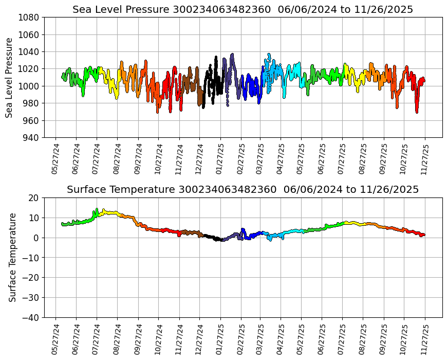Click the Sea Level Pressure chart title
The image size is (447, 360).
coord(243,10)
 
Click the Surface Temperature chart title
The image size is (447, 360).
coord(243,190)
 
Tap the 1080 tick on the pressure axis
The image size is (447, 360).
coord(30,17)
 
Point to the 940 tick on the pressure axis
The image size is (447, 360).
coord(30,138)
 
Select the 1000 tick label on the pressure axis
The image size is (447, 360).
coord(30,86)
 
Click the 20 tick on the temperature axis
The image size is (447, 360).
coord(34,198)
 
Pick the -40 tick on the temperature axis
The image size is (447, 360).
coord(30,318)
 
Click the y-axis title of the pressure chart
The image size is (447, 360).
coord(10,77)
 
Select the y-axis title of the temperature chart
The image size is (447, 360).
coord(12,257)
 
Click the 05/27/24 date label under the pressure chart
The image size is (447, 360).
coord(55,159)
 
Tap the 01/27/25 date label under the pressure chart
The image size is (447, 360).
coord(219,159)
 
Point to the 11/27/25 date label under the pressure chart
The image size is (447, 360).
coord(424,159)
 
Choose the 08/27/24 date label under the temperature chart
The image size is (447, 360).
coord(117,339)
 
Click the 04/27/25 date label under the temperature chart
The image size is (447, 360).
coord(280,339)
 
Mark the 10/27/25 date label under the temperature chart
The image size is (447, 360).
coord(403,339)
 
